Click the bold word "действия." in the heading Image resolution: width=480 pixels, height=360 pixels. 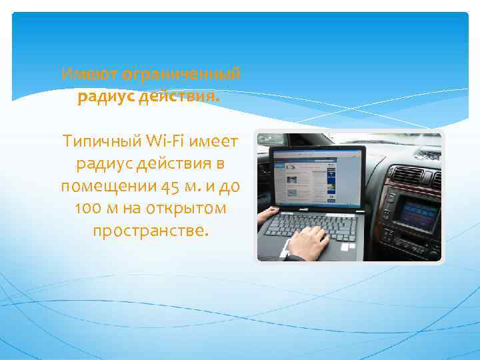pyautogui.click(x=186, y=97)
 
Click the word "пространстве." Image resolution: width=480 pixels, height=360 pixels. pyautogui.click(x=151, y=231)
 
